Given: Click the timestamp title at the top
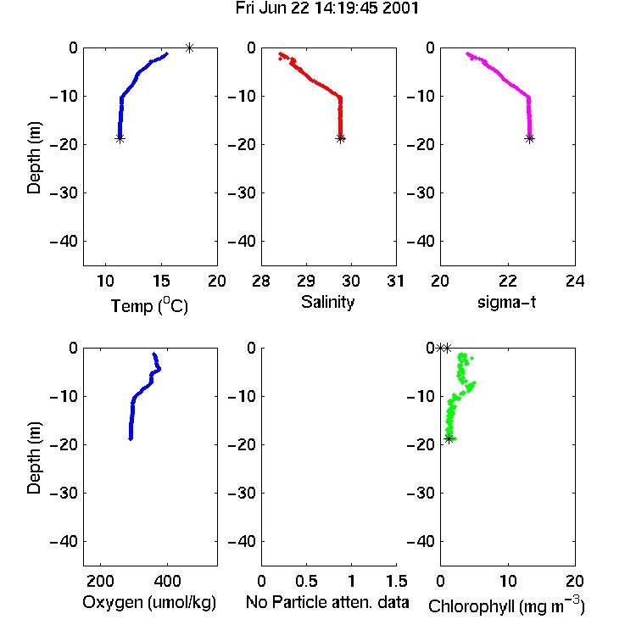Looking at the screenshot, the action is tap(327, 8).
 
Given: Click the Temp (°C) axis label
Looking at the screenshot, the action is tap(149, 305).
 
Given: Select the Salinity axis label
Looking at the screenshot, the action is tap(327, 302).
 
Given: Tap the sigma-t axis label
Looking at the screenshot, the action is tap(506, 302).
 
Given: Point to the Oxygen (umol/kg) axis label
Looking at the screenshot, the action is tap(149, 602).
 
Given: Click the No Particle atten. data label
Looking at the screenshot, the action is tap(327, 602).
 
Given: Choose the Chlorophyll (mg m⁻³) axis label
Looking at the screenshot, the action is tap(506, 605).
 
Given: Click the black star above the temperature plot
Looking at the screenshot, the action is tap(189, 47).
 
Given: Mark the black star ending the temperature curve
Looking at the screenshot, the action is tap(120, 139).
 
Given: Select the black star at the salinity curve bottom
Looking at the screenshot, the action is tap(341, 139).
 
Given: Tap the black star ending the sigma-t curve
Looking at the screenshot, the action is tap(529, 139).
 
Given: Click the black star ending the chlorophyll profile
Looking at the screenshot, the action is tap(449, 438).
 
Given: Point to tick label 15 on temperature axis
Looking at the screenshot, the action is tap(161, 281).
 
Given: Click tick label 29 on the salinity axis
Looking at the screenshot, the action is tap(306, 281).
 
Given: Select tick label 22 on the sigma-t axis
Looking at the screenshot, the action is tap(508, 281).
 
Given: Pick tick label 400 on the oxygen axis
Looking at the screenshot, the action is tap(168, 581).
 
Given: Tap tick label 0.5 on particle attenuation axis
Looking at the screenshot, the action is tap(306, 581).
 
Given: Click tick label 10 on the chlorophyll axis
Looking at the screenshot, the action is tap(508, 581).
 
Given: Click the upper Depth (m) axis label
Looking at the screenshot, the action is tap(34, 158).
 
